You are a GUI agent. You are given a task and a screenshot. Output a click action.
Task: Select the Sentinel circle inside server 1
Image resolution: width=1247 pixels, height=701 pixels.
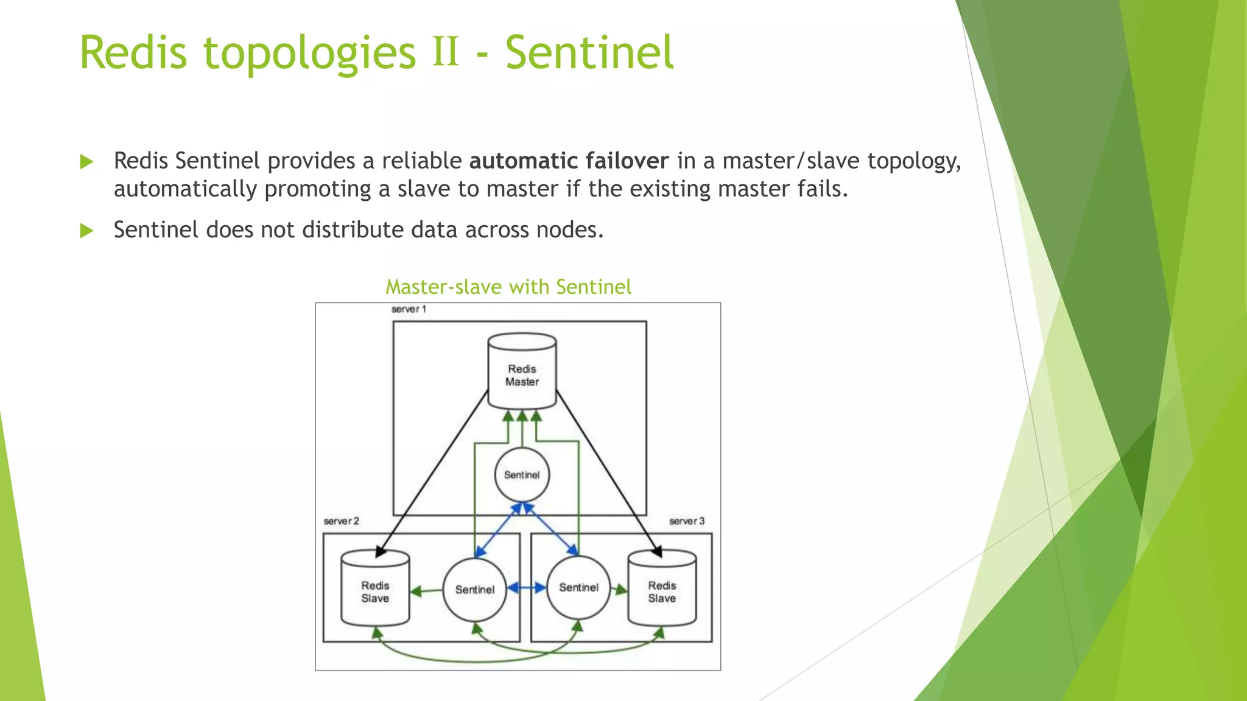(x=522, y=475)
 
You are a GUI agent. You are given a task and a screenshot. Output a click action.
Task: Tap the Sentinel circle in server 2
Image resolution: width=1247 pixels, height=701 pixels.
(x=474, y=590)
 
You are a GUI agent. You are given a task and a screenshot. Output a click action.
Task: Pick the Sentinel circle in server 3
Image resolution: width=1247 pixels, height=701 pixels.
(x=578, y=588)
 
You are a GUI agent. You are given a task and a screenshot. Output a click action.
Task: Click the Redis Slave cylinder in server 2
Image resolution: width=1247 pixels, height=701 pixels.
(x=375, y=589)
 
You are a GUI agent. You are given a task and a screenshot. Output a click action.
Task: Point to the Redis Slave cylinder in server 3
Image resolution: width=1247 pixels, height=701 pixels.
(x=662, y=589)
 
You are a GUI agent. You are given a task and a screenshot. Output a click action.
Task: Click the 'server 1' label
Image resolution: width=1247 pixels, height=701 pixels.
(x=409, y=310)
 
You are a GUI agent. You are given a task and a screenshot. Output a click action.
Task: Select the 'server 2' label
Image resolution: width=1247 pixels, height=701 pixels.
(x=341, y=521)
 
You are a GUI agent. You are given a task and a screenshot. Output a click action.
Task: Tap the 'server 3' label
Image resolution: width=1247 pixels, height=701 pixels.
(x=686, y=521)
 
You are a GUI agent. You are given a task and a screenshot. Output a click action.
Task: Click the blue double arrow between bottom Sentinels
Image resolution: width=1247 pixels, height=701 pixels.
(x=527, y=588)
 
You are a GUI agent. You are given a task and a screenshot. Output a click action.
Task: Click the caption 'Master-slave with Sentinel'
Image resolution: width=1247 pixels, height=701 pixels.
(x=508, y=287)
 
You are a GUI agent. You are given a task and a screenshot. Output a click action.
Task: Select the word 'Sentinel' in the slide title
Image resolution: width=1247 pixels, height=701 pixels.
(x=589, y=53)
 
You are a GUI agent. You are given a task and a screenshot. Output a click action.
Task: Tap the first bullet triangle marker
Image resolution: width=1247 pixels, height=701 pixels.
(x=87, y=162)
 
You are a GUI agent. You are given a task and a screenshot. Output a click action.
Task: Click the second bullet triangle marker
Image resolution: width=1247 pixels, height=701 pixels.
(x=87, y=231)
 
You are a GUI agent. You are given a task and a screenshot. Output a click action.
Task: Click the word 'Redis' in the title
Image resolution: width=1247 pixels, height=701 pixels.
(x=133, y=53)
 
